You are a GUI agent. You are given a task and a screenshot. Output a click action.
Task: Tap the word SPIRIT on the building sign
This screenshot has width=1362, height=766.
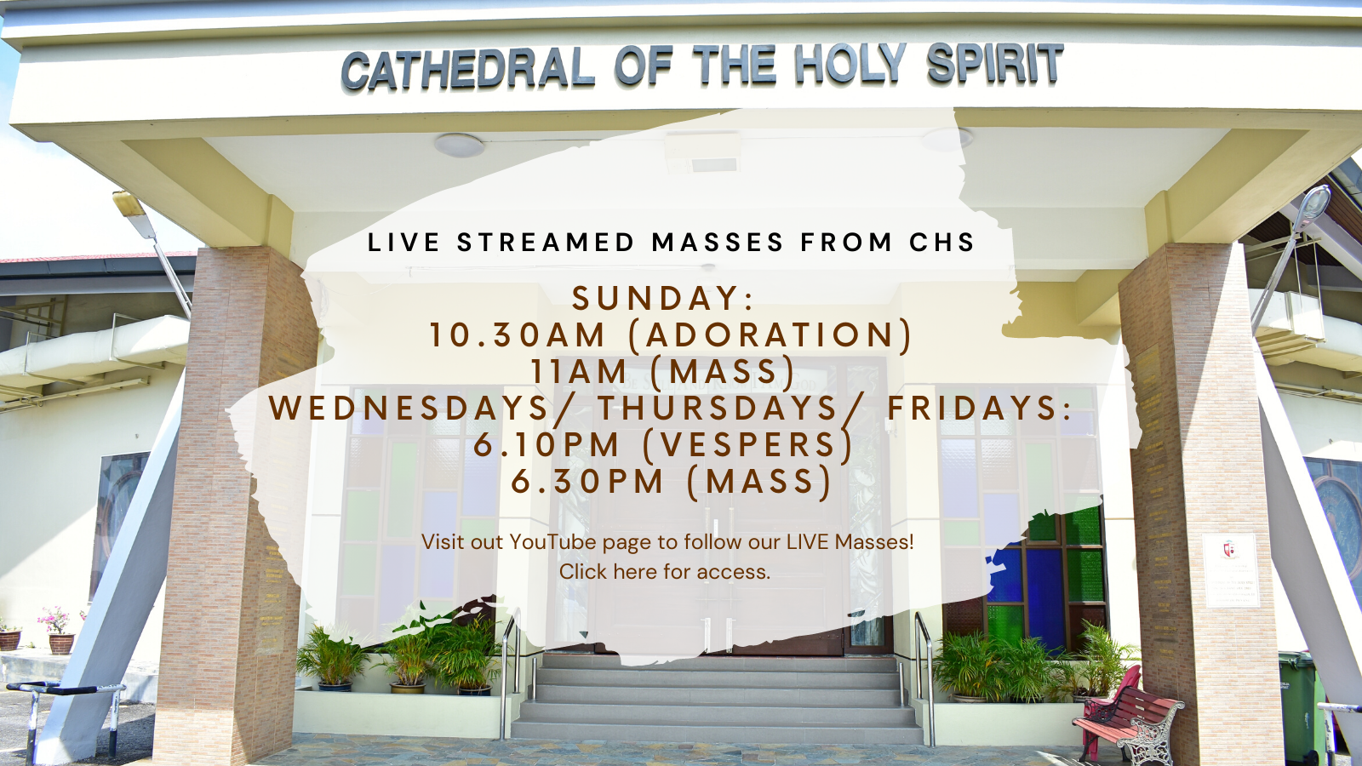click(995, 63)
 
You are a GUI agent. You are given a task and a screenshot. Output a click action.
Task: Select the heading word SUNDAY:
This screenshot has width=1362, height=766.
click(663, 298)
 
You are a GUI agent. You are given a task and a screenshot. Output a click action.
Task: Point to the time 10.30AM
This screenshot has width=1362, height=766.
click(518, 335)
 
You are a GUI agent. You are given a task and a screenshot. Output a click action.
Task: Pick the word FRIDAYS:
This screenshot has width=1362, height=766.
click(980, 408)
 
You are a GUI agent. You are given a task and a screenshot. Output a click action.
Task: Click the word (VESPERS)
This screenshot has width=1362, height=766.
click(749, 444)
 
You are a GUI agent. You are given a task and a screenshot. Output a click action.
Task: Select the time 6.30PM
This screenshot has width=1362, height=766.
click(587, 481)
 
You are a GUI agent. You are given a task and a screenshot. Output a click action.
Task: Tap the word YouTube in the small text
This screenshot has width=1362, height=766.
click(553, 541)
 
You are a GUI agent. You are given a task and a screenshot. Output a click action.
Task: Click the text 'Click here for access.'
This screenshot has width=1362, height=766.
click(665, 571)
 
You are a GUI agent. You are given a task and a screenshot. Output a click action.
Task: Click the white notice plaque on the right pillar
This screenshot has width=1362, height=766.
click(1231, 570)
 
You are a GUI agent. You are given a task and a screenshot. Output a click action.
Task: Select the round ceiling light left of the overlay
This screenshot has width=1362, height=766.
click(459, 146)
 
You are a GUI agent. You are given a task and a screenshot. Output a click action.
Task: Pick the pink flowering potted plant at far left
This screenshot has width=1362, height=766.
click(56, 629)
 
